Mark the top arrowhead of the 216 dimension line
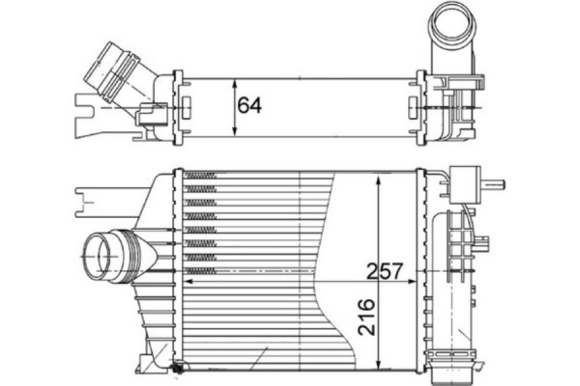coord(379,178)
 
